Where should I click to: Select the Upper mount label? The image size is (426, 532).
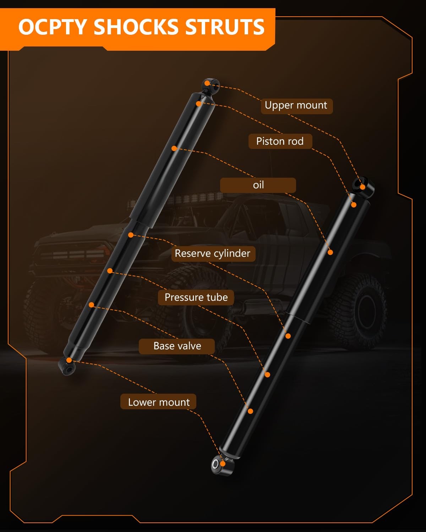pos(296,106)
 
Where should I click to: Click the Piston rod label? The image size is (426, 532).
pos(280,142)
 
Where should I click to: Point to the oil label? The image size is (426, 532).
pos(258,185)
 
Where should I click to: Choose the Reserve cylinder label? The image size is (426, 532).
pos(213,254)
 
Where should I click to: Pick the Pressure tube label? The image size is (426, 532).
pos(196,298)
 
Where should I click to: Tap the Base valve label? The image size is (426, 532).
pos(177,346)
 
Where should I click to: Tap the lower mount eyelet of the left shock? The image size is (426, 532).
pos(67,366)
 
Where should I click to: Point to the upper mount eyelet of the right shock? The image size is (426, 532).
pos(364,187)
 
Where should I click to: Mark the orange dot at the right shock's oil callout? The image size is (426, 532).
pos(330,253)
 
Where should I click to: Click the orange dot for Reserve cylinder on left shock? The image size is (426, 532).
pos(131,235)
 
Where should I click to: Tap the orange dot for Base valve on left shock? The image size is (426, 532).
pos(91,305)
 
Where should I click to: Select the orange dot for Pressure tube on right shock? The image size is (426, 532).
pos(267,375)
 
